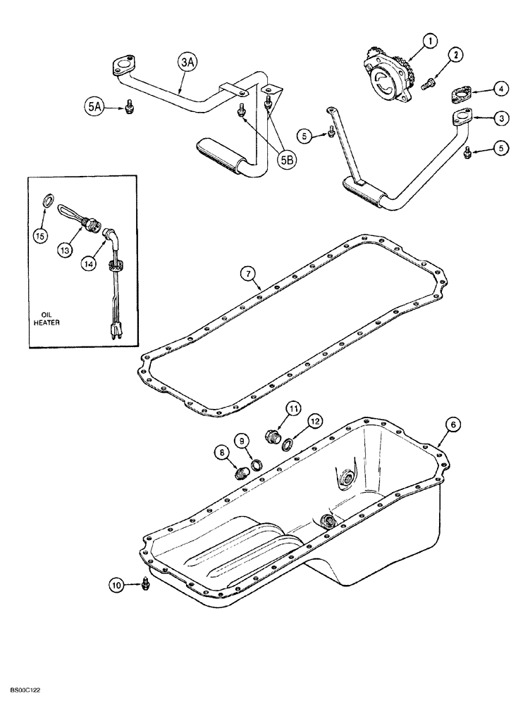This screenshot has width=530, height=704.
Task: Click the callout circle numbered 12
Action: coord(313,420)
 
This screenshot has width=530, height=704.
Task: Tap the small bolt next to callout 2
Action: coord(428,84)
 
